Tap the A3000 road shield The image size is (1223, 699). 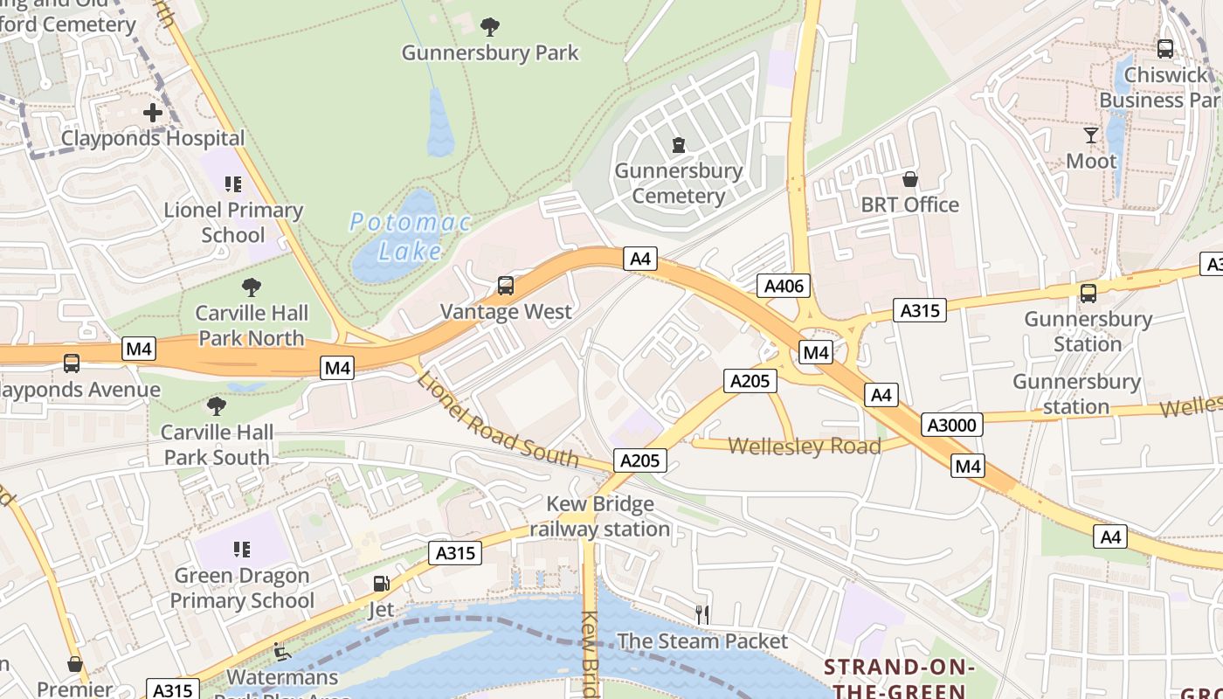(952, 426)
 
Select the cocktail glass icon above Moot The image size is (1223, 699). (1091, 135)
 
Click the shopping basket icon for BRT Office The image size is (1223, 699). (910, 179)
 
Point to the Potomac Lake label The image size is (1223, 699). (410, 237)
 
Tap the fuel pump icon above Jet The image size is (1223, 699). (381, 584)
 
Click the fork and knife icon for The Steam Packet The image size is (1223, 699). (702, 615)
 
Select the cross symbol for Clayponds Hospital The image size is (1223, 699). (153, 113)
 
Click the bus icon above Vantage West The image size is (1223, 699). (505, 286)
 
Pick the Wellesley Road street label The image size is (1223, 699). (804, 446)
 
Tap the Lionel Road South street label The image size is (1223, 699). (497, 419)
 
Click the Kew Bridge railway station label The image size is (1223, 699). (600, 516)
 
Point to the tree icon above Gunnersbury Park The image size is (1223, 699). (490, 27)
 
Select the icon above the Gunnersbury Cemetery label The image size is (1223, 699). (678, 144)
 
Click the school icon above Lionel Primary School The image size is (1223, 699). (232, 184)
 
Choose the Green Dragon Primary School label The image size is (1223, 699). (242, 588)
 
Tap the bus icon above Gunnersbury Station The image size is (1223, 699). (1088, 294)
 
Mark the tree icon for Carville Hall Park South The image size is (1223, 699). (216, 406)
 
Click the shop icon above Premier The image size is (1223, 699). (75, 664)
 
